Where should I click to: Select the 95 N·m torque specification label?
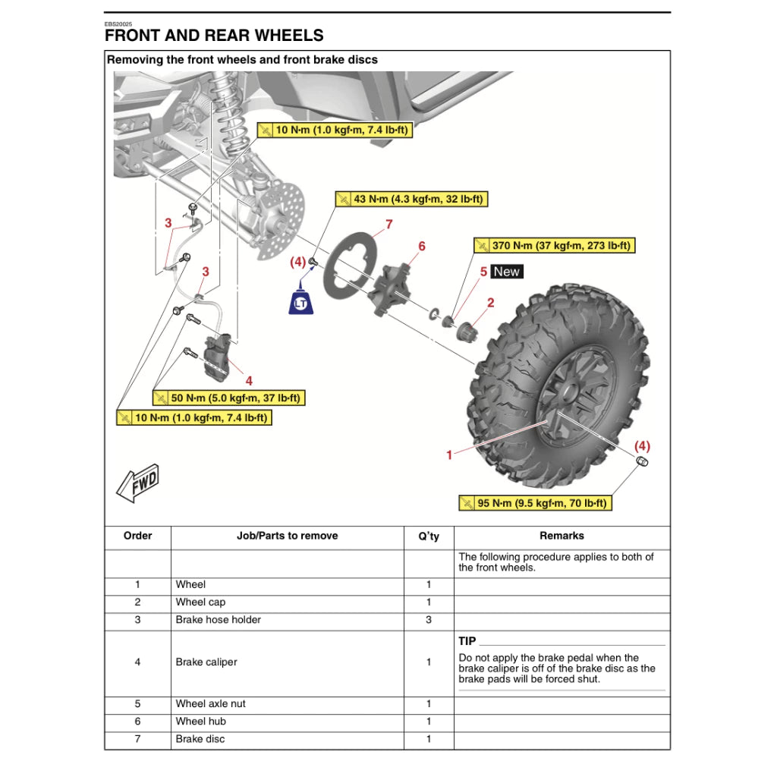tap(535, 503)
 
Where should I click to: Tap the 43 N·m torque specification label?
tap(410, 200)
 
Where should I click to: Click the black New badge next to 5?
tap(507, 272)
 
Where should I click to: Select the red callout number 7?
tap(388, 225)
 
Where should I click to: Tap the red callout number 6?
tap(422, 246)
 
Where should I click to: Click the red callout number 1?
tap(449, 455)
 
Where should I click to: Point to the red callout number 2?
tap(490, 303)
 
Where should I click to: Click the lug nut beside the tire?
tap(641, 462)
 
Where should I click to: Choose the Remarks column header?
tap(562, 536)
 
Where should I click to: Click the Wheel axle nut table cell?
tap(211, 704)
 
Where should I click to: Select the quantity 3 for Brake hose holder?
tap(428, 620)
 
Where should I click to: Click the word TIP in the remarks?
tap(467, 641)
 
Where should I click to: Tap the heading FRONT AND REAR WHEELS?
tap(214, 35)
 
